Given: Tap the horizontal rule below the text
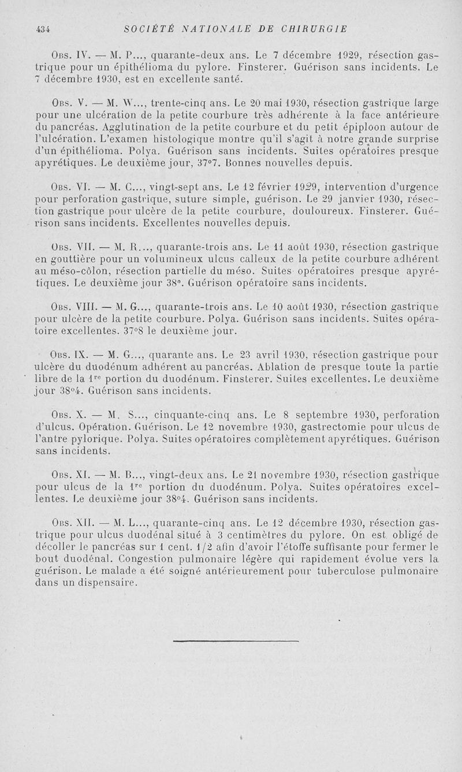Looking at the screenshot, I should pos(236,641).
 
